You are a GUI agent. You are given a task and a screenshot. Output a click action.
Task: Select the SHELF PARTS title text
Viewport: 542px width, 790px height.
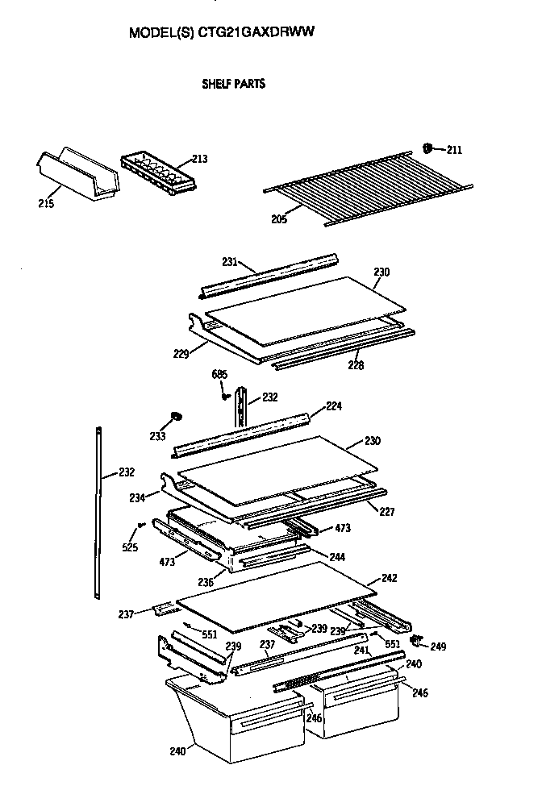pos(233,83)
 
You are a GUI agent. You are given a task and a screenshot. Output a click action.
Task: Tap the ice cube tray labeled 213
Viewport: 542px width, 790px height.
pos(156,172)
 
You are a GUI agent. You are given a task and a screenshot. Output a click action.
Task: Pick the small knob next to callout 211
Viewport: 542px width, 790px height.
pos(427,148)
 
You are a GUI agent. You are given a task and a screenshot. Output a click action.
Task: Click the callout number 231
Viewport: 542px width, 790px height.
pos(230,261)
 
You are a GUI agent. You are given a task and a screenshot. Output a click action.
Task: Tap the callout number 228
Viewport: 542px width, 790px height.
pos(355,365)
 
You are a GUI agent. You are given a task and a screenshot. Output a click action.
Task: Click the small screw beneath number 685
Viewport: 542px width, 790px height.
pos(223,395)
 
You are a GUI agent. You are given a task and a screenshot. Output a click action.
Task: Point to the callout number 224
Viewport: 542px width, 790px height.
pos(334,406)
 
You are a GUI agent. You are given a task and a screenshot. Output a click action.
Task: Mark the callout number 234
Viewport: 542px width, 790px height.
pos(137,498)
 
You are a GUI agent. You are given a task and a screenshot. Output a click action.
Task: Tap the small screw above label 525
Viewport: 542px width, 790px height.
pos(141,525)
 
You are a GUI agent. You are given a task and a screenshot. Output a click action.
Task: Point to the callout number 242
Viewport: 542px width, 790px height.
pos(367,578)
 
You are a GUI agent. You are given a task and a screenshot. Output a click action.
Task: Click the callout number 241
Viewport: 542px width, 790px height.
pos(361,650)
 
